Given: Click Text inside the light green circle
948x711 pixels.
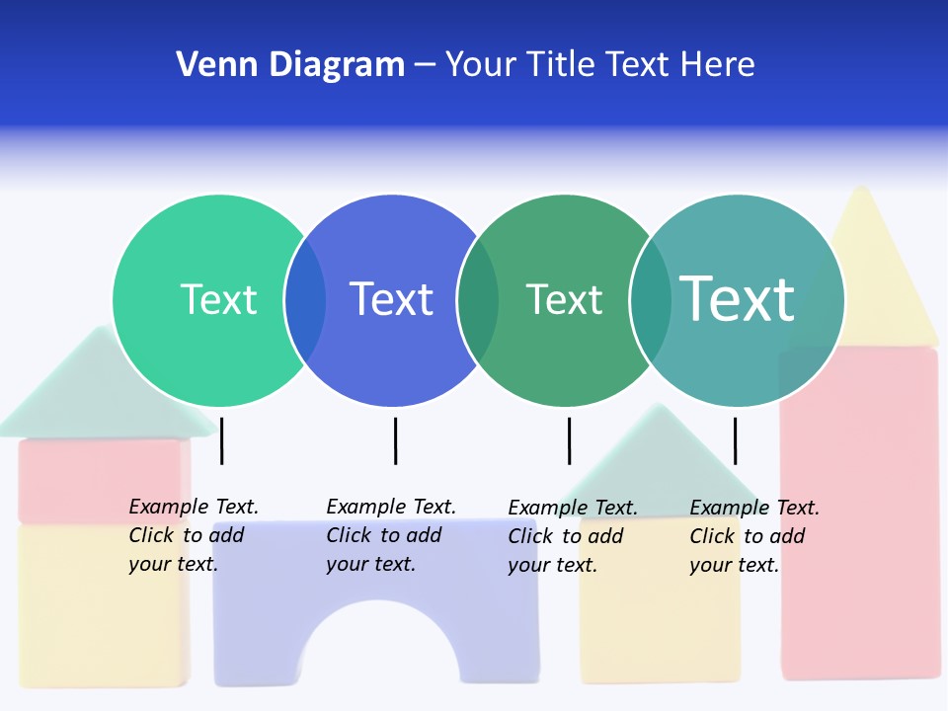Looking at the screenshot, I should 218,299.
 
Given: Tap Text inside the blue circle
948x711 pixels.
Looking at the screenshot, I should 391,299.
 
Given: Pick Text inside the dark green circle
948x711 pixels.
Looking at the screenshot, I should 564,299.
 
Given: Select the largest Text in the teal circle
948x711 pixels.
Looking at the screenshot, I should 737,299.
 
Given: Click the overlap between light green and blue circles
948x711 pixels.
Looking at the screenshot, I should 305,299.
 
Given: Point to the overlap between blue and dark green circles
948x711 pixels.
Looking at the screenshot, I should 478,299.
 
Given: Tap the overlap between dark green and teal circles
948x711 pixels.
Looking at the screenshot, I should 650,299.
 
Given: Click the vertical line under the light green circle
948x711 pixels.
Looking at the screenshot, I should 222,440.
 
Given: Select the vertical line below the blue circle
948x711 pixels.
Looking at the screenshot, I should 395,440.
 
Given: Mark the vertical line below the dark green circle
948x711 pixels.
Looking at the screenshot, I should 569,440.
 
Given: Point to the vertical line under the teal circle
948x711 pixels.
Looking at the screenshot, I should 735,440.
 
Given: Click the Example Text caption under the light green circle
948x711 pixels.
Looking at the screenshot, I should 193,535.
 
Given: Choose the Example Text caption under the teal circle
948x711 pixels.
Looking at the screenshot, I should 753,536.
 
